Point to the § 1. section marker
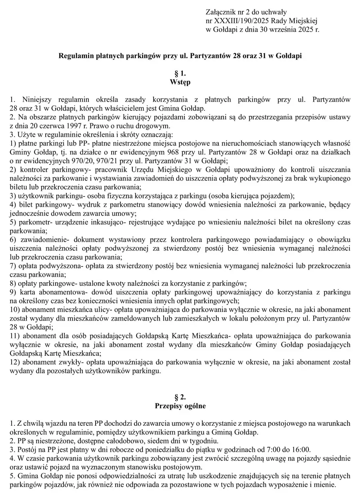click(x=180, y=74)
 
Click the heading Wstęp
click(x=180, y=82)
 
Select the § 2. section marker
click(x=180, y=397)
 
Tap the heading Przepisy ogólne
click(x=180, y=406)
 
